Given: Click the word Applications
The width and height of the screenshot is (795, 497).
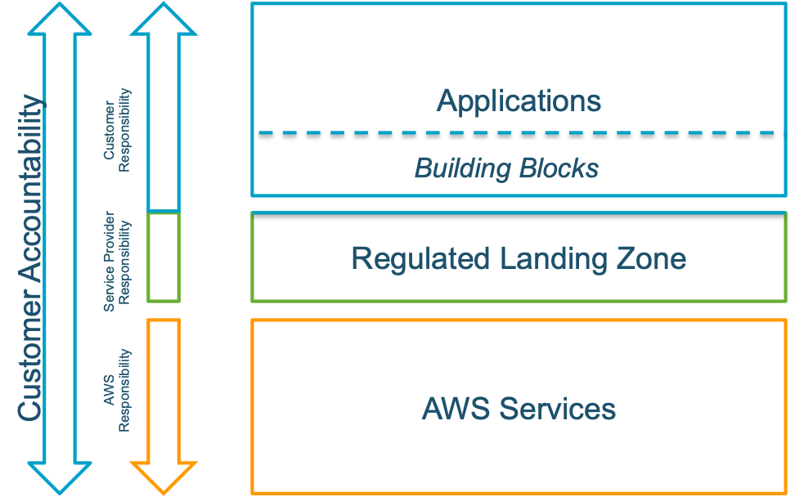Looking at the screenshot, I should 519,101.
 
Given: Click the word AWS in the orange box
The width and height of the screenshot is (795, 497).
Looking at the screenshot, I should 455,408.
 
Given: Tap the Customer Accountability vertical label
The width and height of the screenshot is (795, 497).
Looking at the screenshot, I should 29,258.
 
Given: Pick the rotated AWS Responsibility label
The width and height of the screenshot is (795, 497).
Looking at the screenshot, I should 117,391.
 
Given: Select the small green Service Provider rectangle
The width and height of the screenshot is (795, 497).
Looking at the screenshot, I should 164,257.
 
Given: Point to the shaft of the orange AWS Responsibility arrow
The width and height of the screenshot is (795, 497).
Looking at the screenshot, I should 164,388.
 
